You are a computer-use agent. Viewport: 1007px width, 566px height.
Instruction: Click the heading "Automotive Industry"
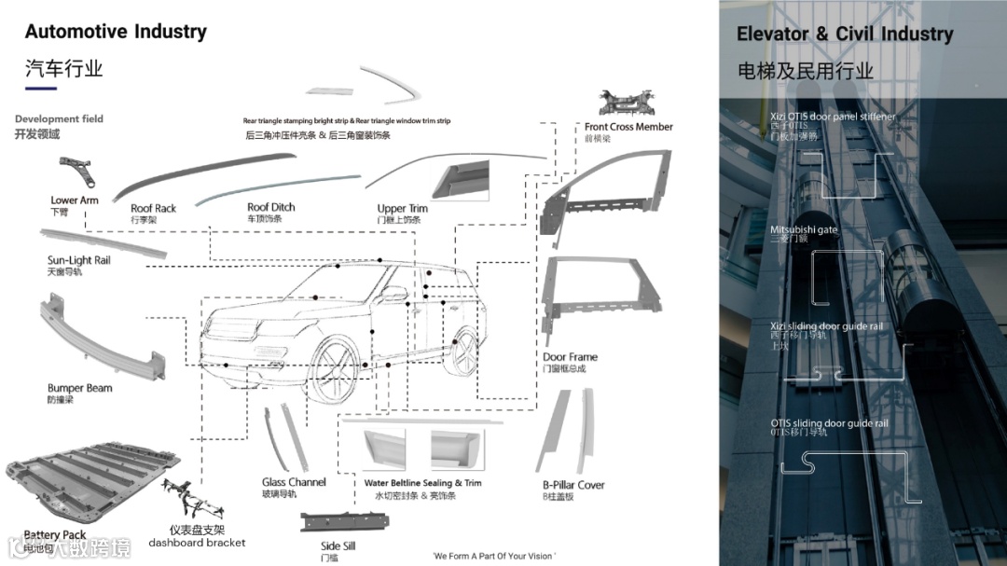pos(116,32)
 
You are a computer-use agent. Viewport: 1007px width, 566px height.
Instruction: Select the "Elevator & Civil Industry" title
pos(845,35)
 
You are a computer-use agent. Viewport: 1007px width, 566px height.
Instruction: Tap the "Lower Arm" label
pos(75,200)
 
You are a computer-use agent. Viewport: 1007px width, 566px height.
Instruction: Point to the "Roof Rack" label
pos(153,209)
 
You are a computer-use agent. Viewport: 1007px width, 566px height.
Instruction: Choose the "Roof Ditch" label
pos(270,207)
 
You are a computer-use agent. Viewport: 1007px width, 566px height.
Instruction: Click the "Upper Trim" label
pos(403,209)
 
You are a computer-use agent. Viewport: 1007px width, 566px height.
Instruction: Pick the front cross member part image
pos(627,103)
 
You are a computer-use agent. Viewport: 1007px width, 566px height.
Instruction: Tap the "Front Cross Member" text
pos(628,127)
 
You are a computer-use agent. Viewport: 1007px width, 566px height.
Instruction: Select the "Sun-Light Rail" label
pos(79,260)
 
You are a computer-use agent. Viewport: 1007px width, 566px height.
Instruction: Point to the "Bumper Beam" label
pos(80,388)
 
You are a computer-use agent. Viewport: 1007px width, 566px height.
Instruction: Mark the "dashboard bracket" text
pos(198,543)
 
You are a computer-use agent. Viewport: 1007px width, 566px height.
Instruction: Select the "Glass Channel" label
pos(294,482)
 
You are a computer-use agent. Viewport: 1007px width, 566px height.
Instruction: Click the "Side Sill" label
pos(338,546)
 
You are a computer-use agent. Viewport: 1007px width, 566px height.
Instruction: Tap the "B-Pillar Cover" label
pos(573,485)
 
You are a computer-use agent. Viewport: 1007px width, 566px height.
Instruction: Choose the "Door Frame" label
pos(570,357)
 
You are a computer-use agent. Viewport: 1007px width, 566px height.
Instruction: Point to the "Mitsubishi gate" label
pos(804,229)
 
